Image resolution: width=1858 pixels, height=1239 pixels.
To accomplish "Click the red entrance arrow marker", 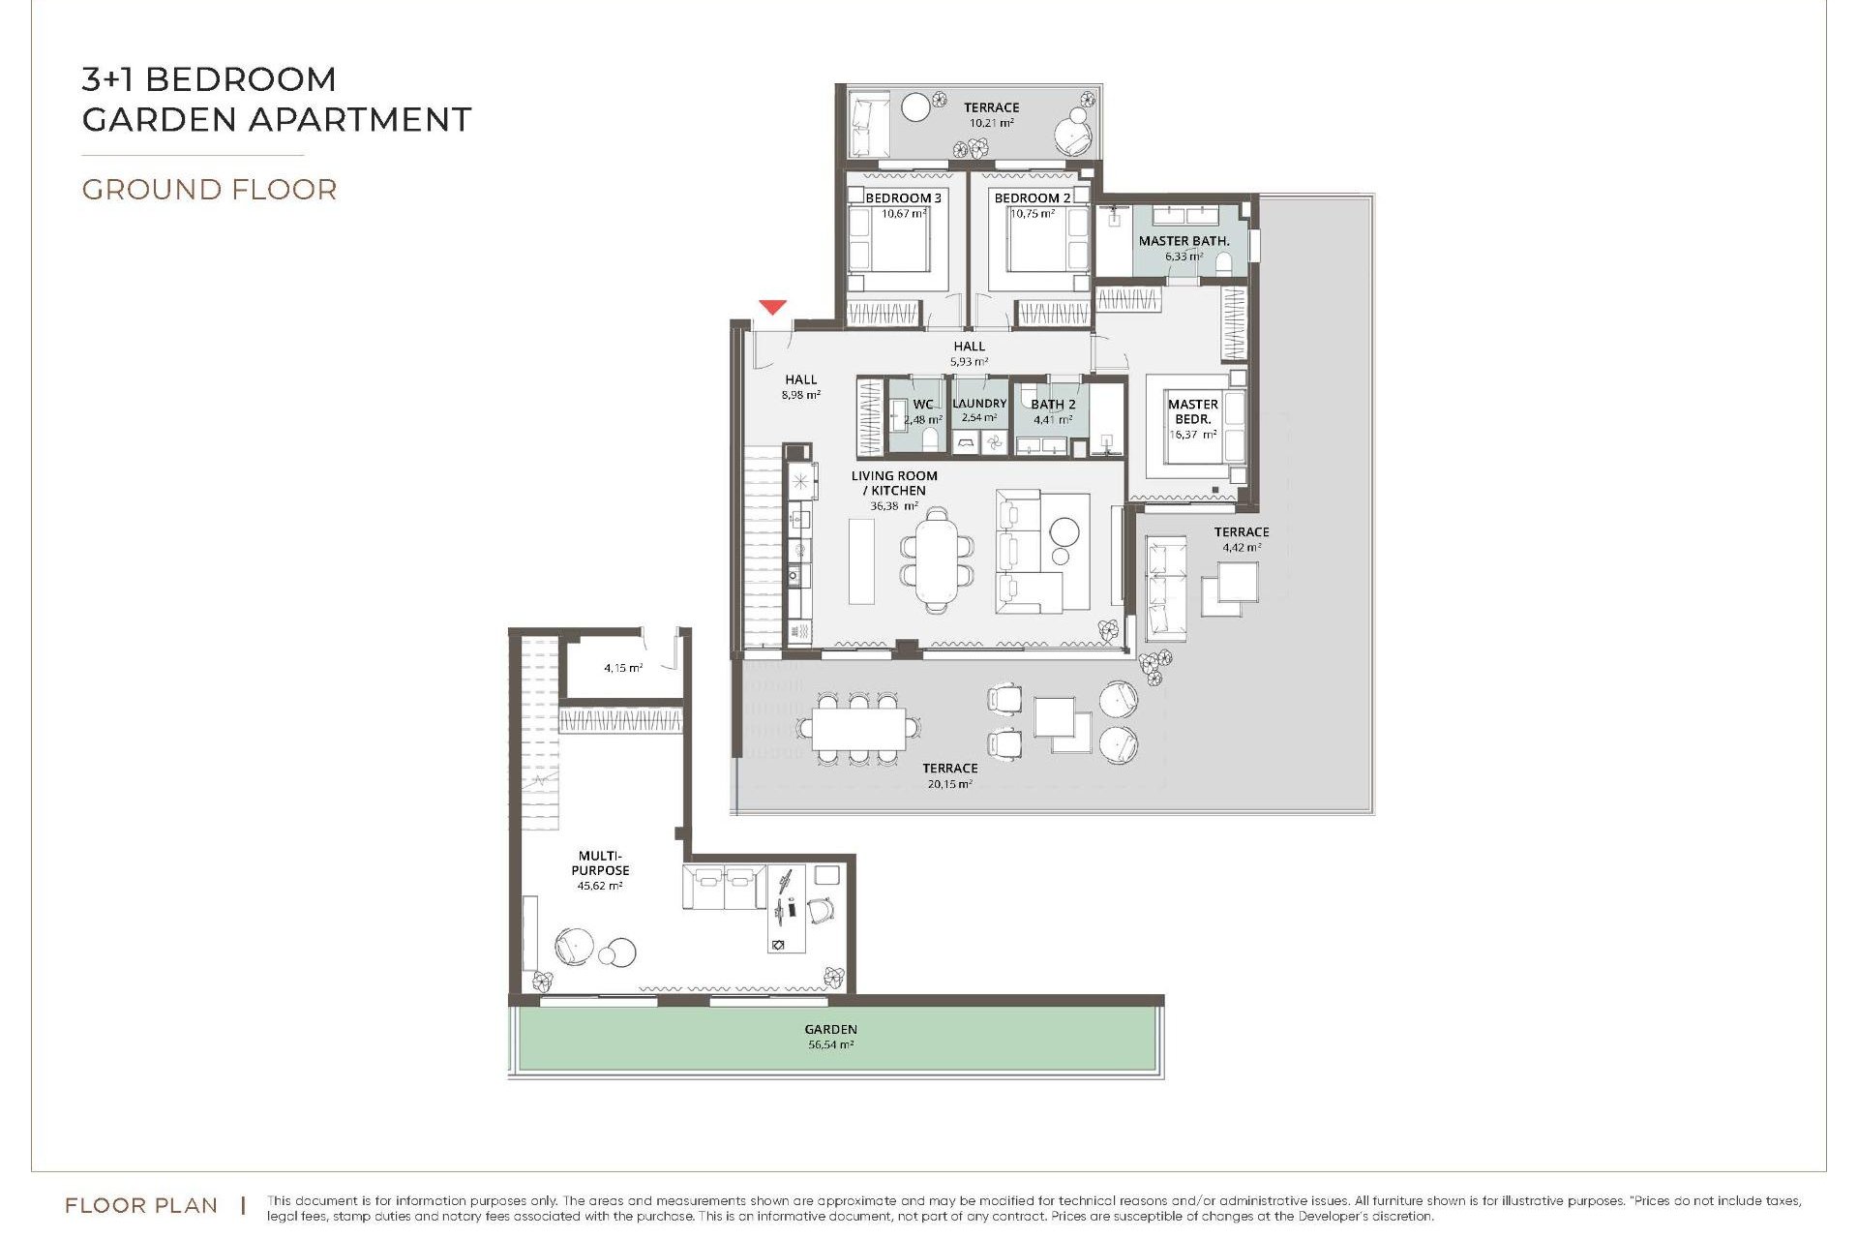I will coord(771,308).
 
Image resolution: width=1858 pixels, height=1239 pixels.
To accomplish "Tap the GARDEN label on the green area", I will coord(830,1029).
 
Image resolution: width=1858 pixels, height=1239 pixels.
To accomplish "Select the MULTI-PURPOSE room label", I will coord(600,862).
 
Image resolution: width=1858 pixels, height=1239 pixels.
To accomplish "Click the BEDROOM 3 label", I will coord(903,197).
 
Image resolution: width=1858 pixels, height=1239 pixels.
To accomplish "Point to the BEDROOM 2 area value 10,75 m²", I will coord(1032,214).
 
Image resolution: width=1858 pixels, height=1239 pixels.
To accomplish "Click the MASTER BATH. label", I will coord(1184,240).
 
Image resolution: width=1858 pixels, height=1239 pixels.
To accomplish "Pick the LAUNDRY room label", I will coord(979,404).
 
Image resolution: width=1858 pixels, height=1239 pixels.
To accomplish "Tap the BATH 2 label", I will coord(1053,405).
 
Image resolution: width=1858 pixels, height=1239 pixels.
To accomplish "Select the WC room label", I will coord(923,405).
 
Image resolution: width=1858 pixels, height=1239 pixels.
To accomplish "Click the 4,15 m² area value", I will coord(623,668).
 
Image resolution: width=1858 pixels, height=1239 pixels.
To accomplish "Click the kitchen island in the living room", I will coord(861,561).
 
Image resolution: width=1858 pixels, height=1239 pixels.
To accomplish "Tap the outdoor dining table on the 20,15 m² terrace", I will coord(858,729).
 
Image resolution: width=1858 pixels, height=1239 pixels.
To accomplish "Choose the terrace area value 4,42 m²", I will coord(1242,548).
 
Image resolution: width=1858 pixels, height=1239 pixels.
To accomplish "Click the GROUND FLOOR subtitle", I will coord(209,190).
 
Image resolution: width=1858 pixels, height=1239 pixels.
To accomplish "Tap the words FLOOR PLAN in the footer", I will coord(140,1205).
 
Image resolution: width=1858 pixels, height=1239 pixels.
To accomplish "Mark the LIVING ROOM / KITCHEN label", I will coord(894,483).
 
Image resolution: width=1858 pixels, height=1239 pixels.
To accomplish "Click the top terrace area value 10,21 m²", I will coord(991,124).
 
